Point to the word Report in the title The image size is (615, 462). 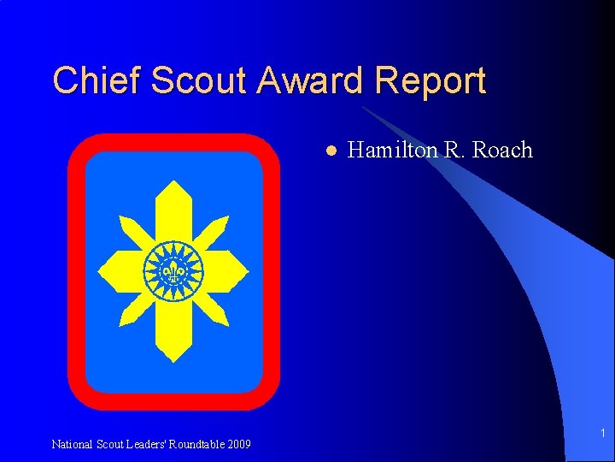pyautogui.click(x=434, y=82)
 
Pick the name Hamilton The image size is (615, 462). pyautogui.click(x=392, y=151)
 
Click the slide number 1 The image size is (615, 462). pyautogui.click(x=602, y=434)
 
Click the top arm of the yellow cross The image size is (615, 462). pyautogui.click(x=174, y=210)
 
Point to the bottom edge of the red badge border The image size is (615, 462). pyautogui.click(x=174, y=401)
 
